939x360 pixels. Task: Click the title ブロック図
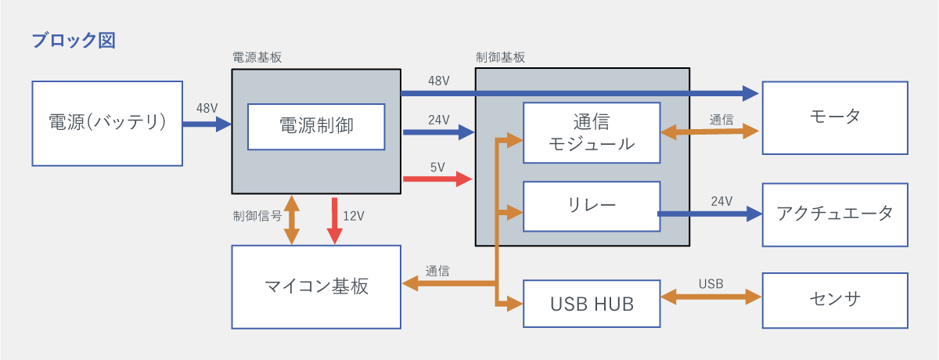[x=74, y=41]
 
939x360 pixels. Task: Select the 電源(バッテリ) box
[x=108, y=123]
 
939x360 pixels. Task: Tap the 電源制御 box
[x=316, y=126]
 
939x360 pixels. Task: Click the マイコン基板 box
[x=316, y=286]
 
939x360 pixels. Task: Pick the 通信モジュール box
[x=591, y=132]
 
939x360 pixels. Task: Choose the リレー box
[x=591, y=206]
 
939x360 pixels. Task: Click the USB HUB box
[x=591, y=303]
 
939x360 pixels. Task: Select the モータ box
[x=835, y=117]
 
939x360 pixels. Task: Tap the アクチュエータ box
[x=835, y=214]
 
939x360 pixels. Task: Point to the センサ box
[x=835, y=300]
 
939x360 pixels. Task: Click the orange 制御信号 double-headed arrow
[x=292, y=219]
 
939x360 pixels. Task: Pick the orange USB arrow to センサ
[x=711, y=297]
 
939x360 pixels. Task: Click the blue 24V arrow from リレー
[x=709, y=214]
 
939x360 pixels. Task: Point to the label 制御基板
[x=500, y=57]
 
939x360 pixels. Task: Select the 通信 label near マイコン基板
[x=437, y=271]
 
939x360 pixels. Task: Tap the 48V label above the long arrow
[x=439, y=81]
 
